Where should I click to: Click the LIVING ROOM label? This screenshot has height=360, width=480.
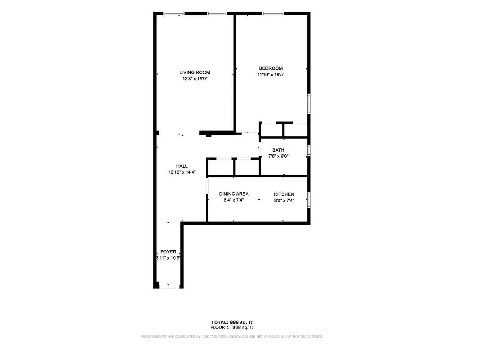coord(194,72)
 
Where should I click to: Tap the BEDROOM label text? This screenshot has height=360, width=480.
coord(270,68)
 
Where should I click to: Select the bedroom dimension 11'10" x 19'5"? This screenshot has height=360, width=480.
coord(270,75)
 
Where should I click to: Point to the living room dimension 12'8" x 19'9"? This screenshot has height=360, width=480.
coord(194,79)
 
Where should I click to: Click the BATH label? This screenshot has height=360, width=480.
coord(278,150)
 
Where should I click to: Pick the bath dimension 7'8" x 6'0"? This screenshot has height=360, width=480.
coord(278,157)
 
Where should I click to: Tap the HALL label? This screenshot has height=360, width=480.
coord(182,166)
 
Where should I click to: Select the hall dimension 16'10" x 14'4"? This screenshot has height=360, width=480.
coord(182,172)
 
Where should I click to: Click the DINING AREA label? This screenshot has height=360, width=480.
coord(233,194)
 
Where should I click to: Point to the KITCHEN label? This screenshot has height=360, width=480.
coord(284,194)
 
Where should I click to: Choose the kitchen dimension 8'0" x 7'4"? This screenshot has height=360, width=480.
coord(284,201)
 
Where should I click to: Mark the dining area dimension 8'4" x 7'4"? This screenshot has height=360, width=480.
coord(233,201)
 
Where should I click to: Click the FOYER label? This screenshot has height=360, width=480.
coord(168,252)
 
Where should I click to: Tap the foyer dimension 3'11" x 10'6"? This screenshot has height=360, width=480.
coord(168,258)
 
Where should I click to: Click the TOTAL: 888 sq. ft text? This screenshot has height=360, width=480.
coord(232,322)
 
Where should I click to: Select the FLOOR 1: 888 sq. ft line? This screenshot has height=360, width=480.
coord(232,327)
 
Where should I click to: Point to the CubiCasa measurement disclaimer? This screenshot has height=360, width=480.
coord(232,337)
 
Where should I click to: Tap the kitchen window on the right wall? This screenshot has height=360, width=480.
coord(309,199)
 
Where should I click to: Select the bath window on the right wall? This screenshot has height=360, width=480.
coord(309,150)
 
